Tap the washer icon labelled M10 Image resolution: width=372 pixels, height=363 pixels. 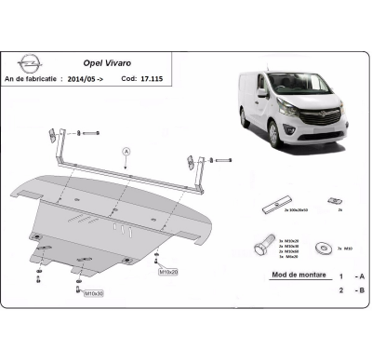coord(323,249)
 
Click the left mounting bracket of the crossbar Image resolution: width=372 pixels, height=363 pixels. coord(47,135)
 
